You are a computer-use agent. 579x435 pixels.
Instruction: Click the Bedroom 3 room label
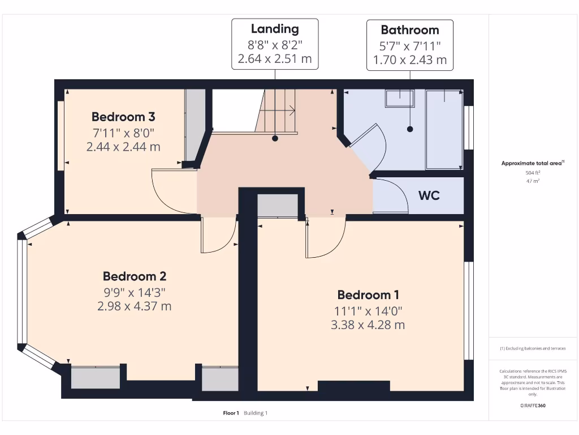[123, 117]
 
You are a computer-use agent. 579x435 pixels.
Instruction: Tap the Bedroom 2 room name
[134, 276]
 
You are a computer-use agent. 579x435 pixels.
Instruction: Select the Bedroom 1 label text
[368, 295]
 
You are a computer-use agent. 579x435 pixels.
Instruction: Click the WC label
[429, 196]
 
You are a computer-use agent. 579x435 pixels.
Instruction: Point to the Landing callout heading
[275, 29]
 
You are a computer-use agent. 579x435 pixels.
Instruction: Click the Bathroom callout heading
[409, 30]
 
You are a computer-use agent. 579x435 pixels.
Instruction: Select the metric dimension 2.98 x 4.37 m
[134, 306]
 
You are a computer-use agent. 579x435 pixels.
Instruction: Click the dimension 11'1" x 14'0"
[368, 310]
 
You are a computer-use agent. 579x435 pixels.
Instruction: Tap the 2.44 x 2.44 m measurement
[123, 147]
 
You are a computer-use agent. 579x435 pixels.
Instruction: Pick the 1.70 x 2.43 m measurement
[409, 59]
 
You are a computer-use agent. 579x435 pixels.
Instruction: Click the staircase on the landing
[276, 111]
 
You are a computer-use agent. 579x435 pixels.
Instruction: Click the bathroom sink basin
[399, 99]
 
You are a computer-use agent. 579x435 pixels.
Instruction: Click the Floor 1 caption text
[231, 413]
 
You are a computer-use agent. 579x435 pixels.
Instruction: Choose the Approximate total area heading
[532, 163]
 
